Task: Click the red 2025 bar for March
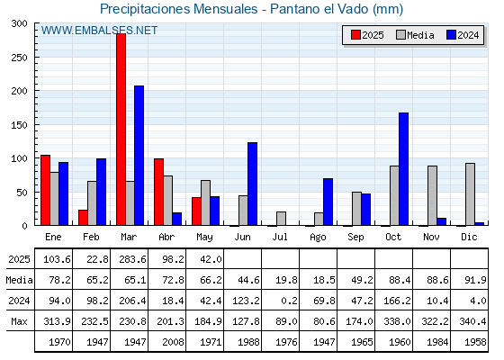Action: (121, 130)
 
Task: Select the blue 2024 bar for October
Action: (404, 169)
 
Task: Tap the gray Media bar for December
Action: (470, 194)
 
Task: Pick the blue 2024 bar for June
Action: (252, 184)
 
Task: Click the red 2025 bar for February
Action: (83, 218)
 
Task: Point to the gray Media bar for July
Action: (281, 219)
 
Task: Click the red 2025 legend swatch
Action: (355, 35)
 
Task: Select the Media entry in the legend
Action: (415, 35)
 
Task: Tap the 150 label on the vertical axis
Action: (19, 125)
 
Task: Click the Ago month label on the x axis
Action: (318, 238)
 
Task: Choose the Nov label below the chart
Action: (431, 237)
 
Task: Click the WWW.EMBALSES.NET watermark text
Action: (99, 31)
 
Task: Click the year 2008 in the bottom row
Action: (173, 342)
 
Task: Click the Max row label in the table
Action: (19, 321)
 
